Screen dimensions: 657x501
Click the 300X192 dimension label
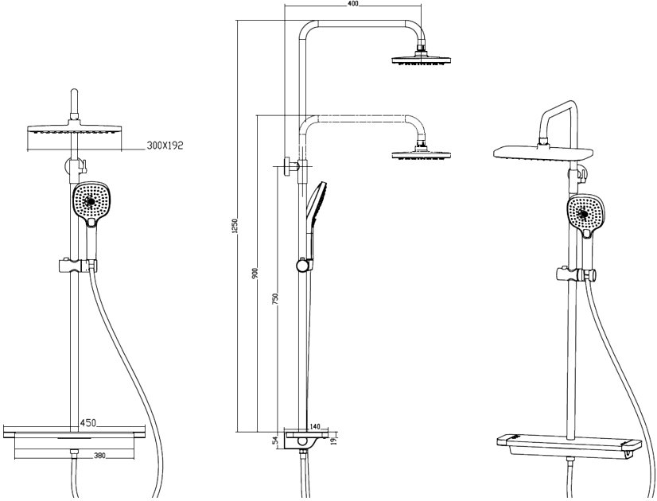click(x=165, y=146)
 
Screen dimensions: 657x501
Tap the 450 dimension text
click(x=88, y=422)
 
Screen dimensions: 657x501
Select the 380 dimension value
click(x=99, y=456)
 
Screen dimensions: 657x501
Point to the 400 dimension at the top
click(x=353, y=4)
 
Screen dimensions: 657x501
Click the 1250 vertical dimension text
click(x=235, y=226)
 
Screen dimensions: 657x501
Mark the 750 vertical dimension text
click(x=275, y=299)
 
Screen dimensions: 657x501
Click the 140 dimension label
click(x=314, y=426)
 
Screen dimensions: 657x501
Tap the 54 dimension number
click(x=275, y=441)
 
